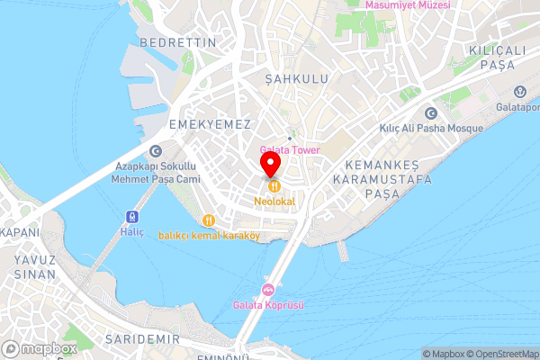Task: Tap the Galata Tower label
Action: pyautogui.click(x=290, y=149)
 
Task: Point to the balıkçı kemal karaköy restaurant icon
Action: pyautogui.click(x=209, y=220)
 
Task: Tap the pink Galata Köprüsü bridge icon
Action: pyautogui.click(x=268, y=289)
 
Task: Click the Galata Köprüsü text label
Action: pyautogui.click(x=268, y=305)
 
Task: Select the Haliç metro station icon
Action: pyautogui.click(x=132, y=217)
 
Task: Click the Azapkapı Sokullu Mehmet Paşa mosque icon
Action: pyautogui.click(x=156, y=151)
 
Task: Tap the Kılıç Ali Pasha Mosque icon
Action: pyautogui.click(x=430, y=113)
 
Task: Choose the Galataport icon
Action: pyautogui.click(x=520, y=91)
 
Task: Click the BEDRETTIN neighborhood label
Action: pyautogui.click(x=178, y=42)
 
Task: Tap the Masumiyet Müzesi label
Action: pyautogui.click(x=408, y=5)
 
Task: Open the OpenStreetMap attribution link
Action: pyautogui.click(x=501, y=354)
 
